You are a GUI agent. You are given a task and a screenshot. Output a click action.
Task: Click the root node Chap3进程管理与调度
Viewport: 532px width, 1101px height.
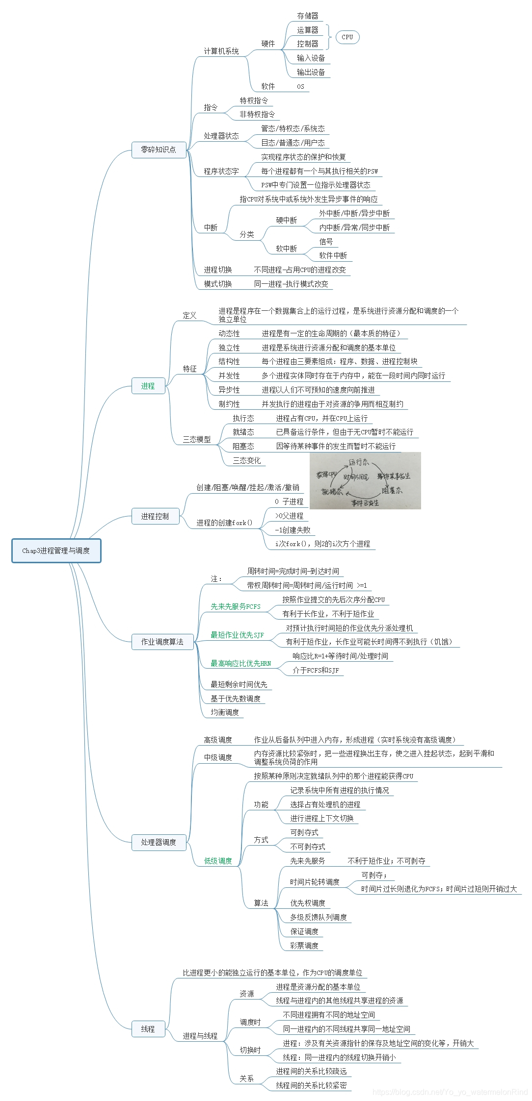[x=56, y=550]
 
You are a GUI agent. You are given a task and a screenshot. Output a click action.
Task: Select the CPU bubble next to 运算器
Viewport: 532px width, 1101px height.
[x=347, y=37]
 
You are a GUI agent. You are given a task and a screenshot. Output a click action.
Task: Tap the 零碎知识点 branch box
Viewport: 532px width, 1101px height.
[x=159, y=150]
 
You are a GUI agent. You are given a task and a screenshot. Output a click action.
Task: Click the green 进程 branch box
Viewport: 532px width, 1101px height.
[x=148, y=386]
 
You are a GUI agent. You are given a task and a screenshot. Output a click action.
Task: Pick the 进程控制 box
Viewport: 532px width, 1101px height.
[x=155, y=516]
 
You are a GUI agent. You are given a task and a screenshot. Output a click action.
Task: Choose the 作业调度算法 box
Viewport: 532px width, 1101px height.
[x=162, y=642]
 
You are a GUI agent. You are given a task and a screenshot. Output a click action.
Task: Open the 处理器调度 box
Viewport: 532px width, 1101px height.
[x=159, y=842]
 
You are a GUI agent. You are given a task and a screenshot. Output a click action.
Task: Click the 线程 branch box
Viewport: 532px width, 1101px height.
[x=148, y=1029]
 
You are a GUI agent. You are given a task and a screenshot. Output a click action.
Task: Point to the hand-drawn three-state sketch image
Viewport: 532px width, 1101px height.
[x=365, y=480]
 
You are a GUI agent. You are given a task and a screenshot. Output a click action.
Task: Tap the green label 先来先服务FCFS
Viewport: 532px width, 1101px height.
[x=236, y=606]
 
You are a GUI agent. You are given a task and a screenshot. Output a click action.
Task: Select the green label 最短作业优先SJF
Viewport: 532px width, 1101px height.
[x=237, y=635]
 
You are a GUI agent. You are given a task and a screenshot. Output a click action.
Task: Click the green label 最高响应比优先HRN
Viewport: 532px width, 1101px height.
[x=240, y=663]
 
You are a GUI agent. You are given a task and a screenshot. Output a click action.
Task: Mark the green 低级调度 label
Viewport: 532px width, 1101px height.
[x=218, y=861]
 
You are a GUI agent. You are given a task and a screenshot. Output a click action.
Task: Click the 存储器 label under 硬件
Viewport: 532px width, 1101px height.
[x=308, y=16]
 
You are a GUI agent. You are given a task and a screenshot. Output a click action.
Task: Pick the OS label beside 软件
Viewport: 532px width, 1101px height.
[x=300, y=86]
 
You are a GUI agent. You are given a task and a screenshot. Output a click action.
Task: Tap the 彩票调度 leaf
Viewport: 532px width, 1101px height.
[x=304, y=946]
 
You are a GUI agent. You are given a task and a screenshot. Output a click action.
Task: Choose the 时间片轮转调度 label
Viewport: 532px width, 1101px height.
[x=315, y=882]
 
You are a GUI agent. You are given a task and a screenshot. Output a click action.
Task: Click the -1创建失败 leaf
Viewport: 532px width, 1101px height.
[x=293, y=530]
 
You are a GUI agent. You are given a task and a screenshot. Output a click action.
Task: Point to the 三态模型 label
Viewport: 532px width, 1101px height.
[x=197, y=439]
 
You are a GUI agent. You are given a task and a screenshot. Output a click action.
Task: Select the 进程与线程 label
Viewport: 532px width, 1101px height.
[x=200, y=1036]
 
